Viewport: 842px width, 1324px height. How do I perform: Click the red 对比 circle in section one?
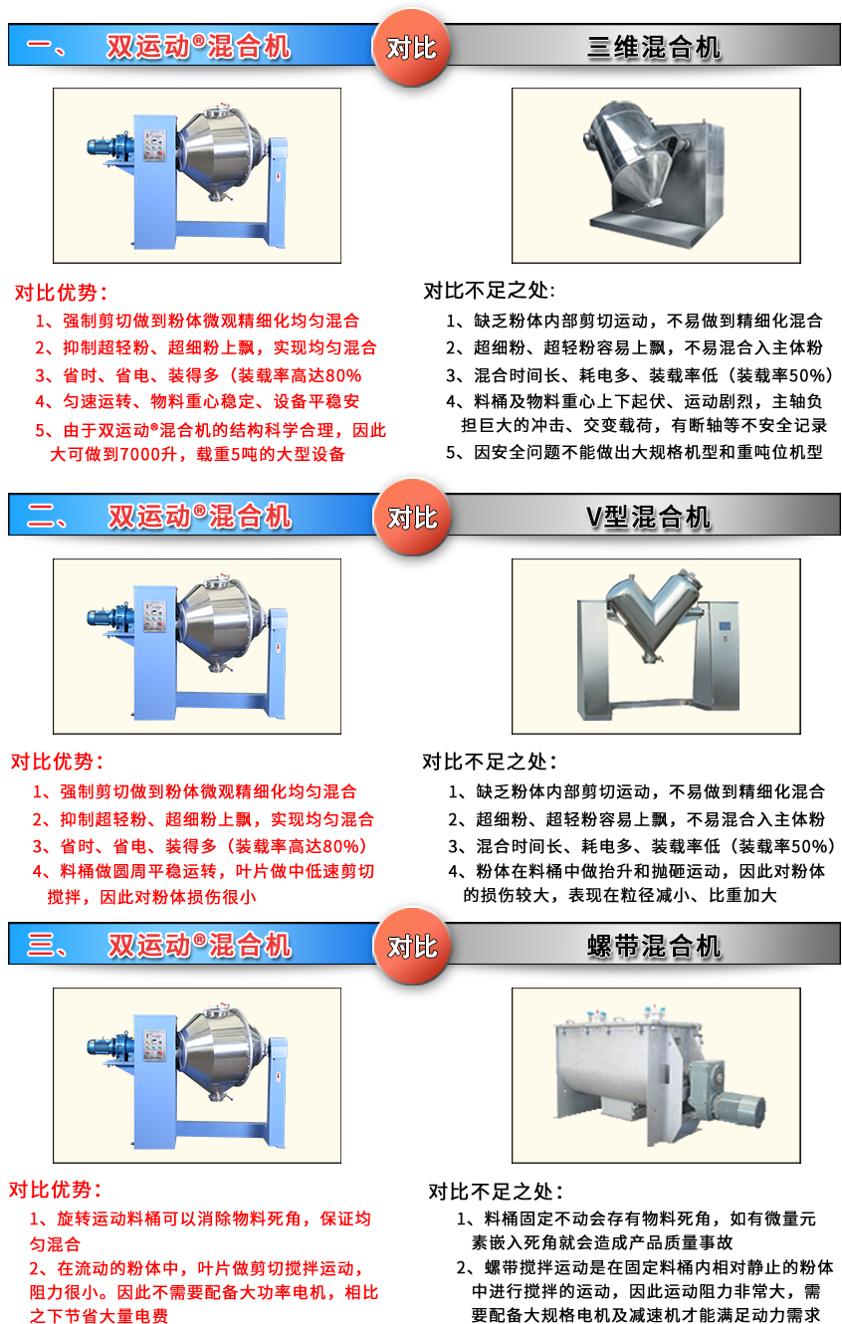tap(411, 48)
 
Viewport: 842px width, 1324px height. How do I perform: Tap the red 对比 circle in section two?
tap(412, 518)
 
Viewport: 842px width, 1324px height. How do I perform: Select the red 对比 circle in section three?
tap(412, 947)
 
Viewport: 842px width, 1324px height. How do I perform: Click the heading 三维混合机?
tap(654, 48)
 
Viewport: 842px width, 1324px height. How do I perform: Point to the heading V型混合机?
tap(648, 518)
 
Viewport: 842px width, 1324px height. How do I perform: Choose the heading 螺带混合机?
tap(654, 947)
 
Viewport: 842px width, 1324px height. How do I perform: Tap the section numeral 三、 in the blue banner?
tap(46, 946)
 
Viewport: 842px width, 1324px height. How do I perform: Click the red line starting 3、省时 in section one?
tap(198, 375)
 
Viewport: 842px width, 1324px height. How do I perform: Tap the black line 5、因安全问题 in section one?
tap(634, 453)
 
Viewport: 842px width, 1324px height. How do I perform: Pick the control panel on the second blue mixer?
tap(155, 616)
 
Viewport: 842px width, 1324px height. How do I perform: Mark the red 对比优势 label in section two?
tap(57, 762)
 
